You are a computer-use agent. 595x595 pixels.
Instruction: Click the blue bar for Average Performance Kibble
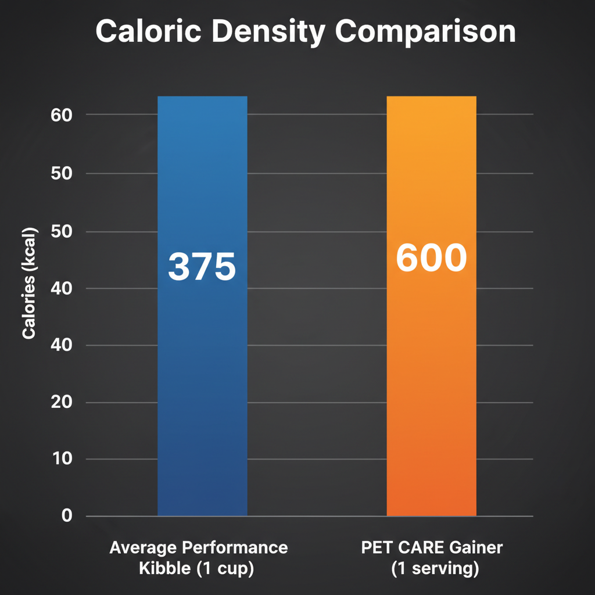point(202,378)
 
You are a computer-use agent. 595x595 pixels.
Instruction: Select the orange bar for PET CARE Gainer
point(431,378)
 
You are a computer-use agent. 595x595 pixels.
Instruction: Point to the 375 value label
point(202,267)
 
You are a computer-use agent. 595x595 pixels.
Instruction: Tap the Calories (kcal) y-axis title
point(29,284)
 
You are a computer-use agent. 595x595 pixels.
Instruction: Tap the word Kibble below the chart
point(164,569)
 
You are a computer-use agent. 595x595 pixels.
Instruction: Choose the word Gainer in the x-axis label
point(478,548)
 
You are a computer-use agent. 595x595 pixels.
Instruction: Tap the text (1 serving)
point(435,569)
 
